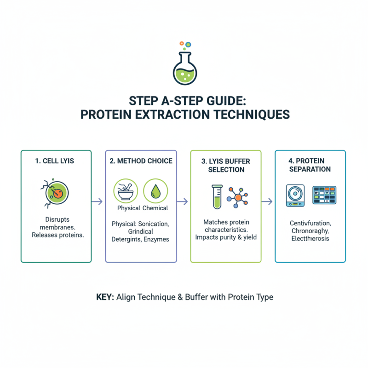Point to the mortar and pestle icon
[126, 191]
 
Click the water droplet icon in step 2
[155, 191]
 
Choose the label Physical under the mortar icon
[129, 208]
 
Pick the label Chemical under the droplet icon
[155, 208]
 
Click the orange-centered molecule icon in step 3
[238, 197]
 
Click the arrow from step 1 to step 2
[97, 201]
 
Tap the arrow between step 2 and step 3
[183, 201]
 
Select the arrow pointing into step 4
[267, 201]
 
